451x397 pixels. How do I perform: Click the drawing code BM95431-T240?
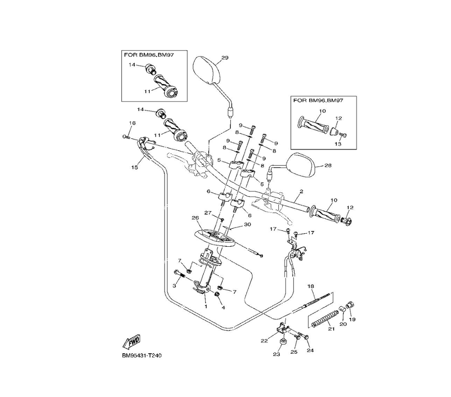pyautogui.click(x=141, y=355)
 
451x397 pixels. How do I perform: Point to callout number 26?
pyautogui.click(x=195, y=218)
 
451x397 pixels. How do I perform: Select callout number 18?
pyautogui.click(x=310, y=286)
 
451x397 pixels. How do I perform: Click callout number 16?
pyautogui.click(x=132, y=123)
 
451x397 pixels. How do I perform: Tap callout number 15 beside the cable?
pyautogui.click(x=134, y=167)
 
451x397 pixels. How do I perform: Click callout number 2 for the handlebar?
pyautogui.click(x=301, y=192)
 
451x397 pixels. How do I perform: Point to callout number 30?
pyautogui.click(x=247, y=225)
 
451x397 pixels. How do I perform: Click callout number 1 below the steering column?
pyautogui.click(x=206, y=306)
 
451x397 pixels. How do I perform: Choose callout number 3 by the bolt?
pyautogui.click(x=174, y=286)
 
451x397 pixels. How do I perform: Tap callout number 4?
pyautogui.click(x=223, y=308)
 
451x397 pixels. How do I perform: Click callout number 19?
pyautogui.click(x=353, y=319)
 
